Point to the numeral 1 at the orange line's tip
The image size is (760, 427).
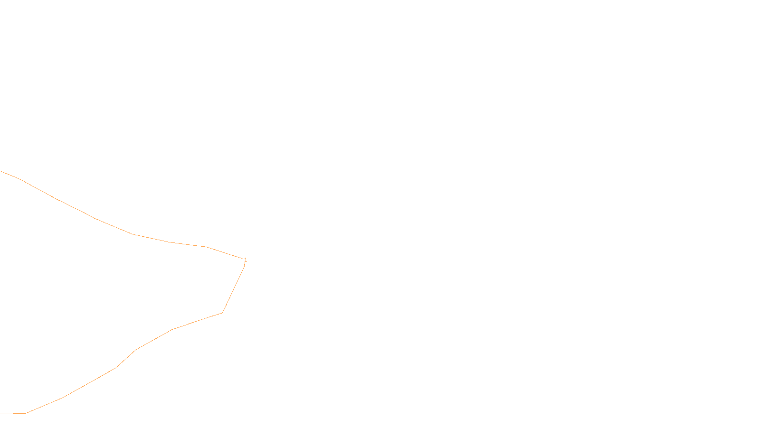pyautogui.click(x=246, y=260)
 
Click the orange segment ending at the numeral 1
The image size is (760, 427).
pyautogui.click(x=225, y=253)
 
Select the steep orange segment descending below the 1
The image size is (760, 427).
pyautogui.click(x=233, y=289)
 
